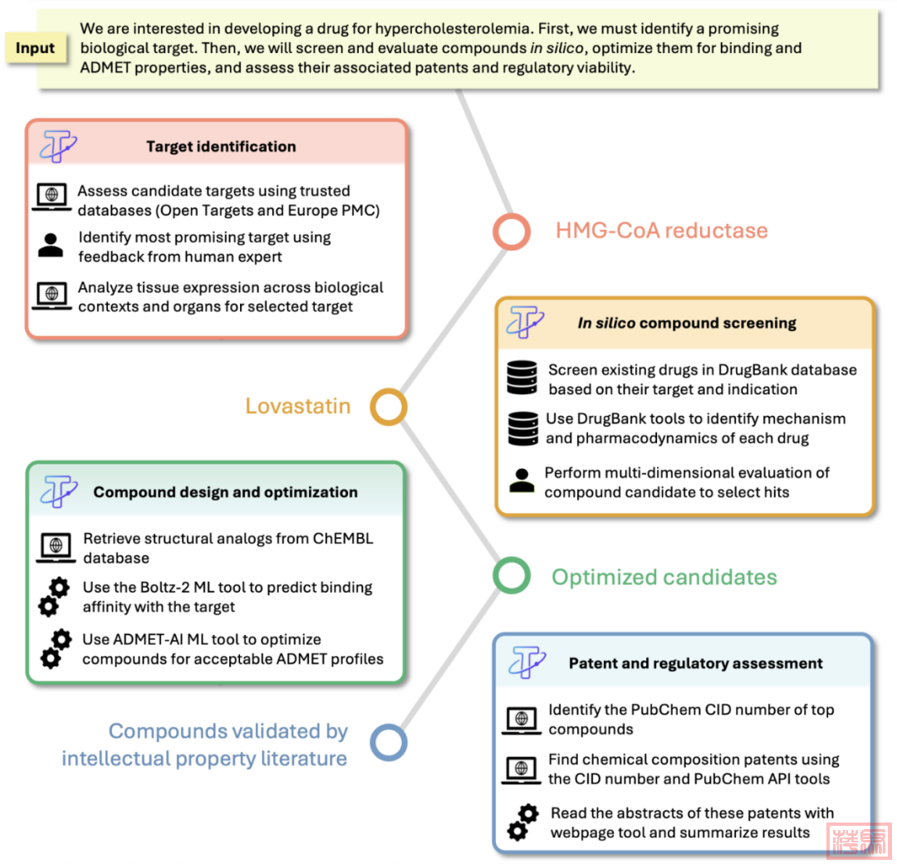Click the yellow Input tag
pos(36,49)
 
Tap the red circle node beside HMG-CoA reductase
pos(511,232)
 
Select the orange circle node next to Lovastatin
pos(388,408)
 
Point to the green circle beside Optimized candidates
pos(511,576)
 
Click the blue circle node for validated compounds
pos(388,742)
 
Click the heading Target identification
pos(221,147)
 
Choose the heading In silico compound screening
pos(687,324)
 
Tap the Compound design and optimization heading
pos(225,492)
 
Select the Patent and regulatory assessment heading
pos(696,663)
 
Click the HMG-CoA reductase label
pos(661,230)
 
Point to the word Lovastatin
pos(297,407)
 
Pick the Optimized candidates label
pos(664,577)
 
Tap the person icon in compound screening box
pos(522,481)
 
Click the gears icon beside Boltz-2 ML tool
pos(54,598)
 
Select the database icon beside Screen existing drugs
pos(522,378)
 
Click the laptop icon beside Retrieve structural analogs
pos(56,547)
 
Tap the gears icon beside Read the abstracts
pos(522,822)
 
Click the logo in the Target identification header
pos(59,146)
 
